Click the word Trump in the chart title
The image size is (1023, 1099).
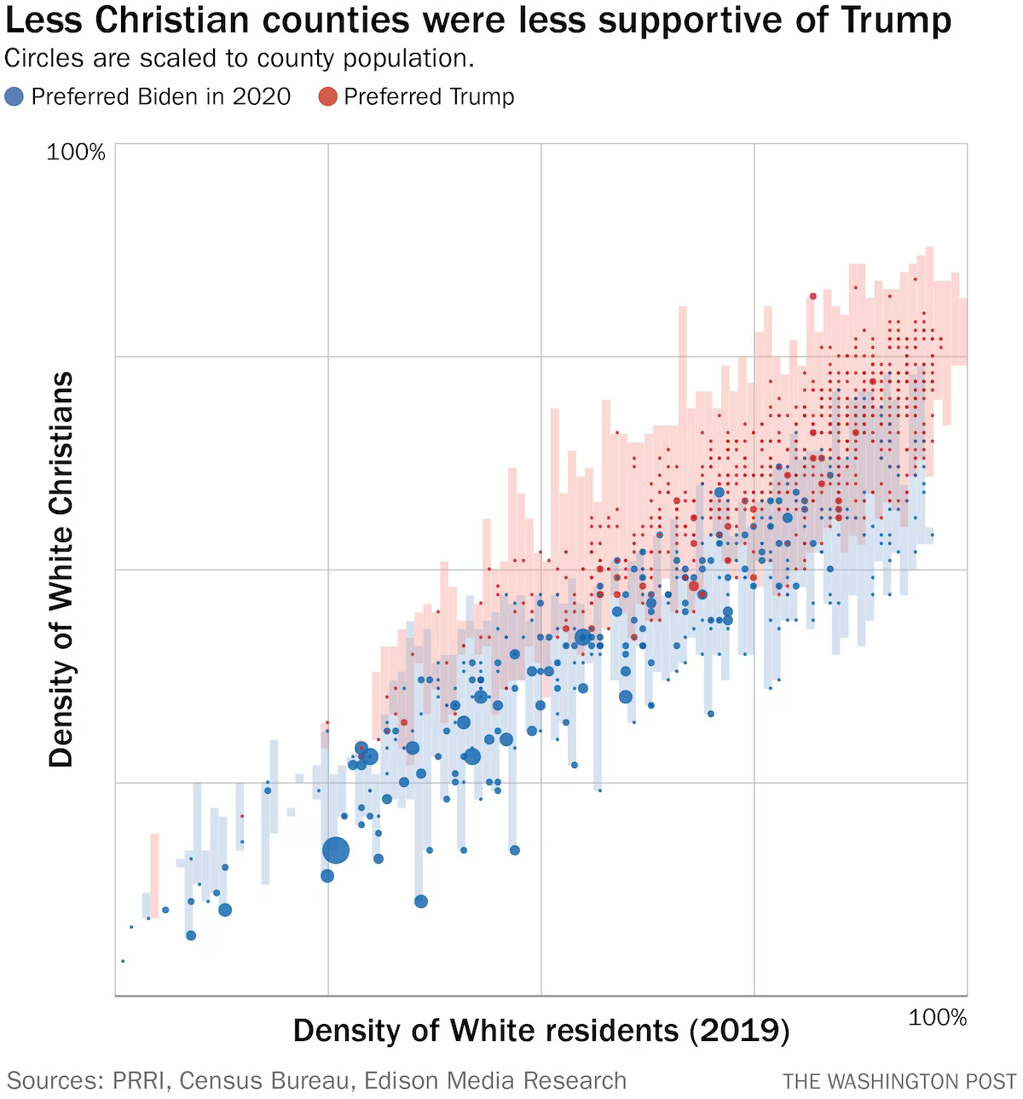click(895, 20)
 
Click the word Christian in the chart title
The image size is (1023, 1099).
click(163, 20)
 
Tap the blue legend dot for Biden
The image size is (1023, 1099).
click(14, 97)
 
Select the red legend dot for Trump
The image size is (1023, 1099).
click(328, 97)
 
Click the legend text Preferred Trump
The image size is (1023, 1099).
click(429, 97)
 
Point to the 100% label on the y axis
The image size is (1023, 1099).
click(76, 153)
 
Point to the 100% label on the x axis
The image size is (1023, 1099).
click(938, 1018)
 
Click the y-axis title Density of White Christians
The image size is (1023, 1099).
click(61, 570)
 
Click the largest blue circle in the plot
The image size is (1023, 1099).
click(336, 850)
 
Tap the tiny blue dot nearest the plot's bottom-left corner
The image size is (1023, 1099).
click(123, 961)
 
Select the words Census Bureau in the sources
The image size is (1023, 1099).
click(265, 1081)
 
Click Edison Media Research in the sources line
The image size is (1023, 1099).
click(495, 1081)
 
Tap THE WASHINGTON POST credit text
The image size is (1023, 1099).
click(899, 1082)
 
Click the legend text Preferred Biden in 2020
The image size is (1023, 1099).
click(161, 97)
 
